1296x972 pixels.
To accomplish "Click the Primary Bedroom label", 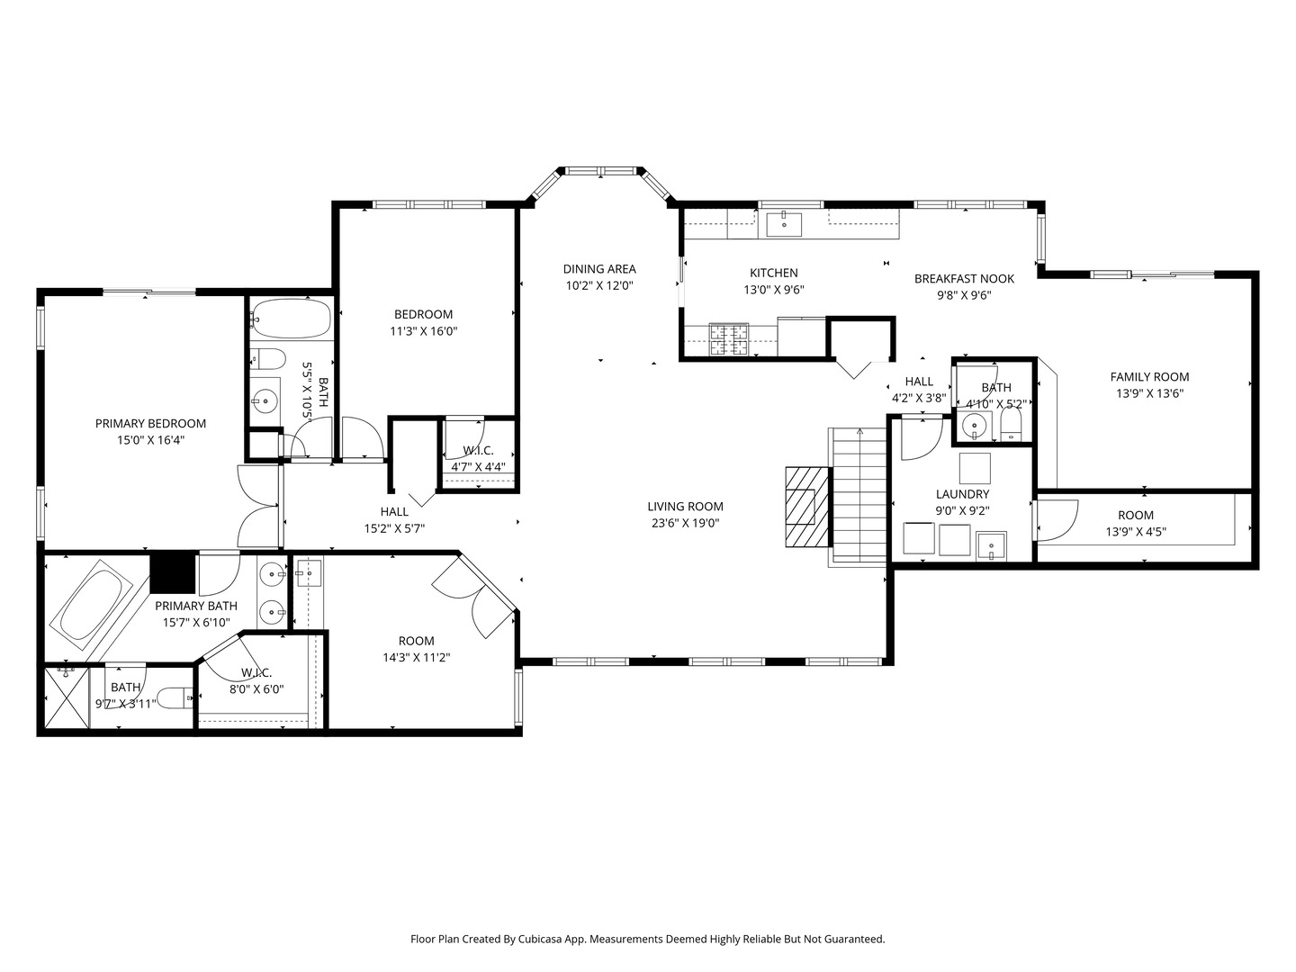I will tap(150, 423).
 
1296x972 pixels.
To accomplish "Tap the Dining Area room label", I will tap(599, 269).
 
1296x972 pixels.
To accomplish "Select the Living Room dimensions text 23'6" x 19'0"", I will tap(685, 523).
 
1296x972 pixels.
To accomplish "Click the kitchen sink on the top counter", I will tap(784, 223).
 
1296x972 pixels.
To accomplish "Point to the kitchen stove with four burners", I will tap(729, 340).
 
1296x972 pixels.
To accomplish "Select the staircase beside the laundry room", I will tap(858, 495).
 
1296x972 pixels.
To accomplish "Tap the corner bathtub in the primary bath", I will tap(91, 599).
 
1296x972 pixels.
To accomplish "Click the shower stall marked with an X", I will tap(63, 698).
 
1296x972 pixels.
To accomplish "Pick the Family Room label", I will tap(1149, 377).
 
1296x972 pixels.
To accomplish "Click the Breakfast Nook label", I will tap(964, 279).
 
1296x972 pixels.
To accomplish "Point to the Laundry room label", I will tap(962, 494).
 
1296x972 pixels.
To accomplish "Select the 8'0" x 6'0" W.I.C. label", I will tap(256, 673).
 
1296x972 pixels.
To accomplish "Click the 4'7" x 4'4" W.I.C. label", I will tap(477, 450).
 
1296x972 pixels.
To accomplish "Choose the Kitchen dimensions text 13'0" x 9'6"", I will tap(773, 290).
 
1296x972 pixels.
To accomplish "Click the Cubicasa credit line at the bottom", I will tap(647, 939).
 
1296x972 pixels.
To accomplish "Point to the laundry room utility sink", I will tap(992, 545).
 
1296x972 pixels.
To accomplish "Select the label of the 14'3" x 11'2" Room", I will tap(416, 641).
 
